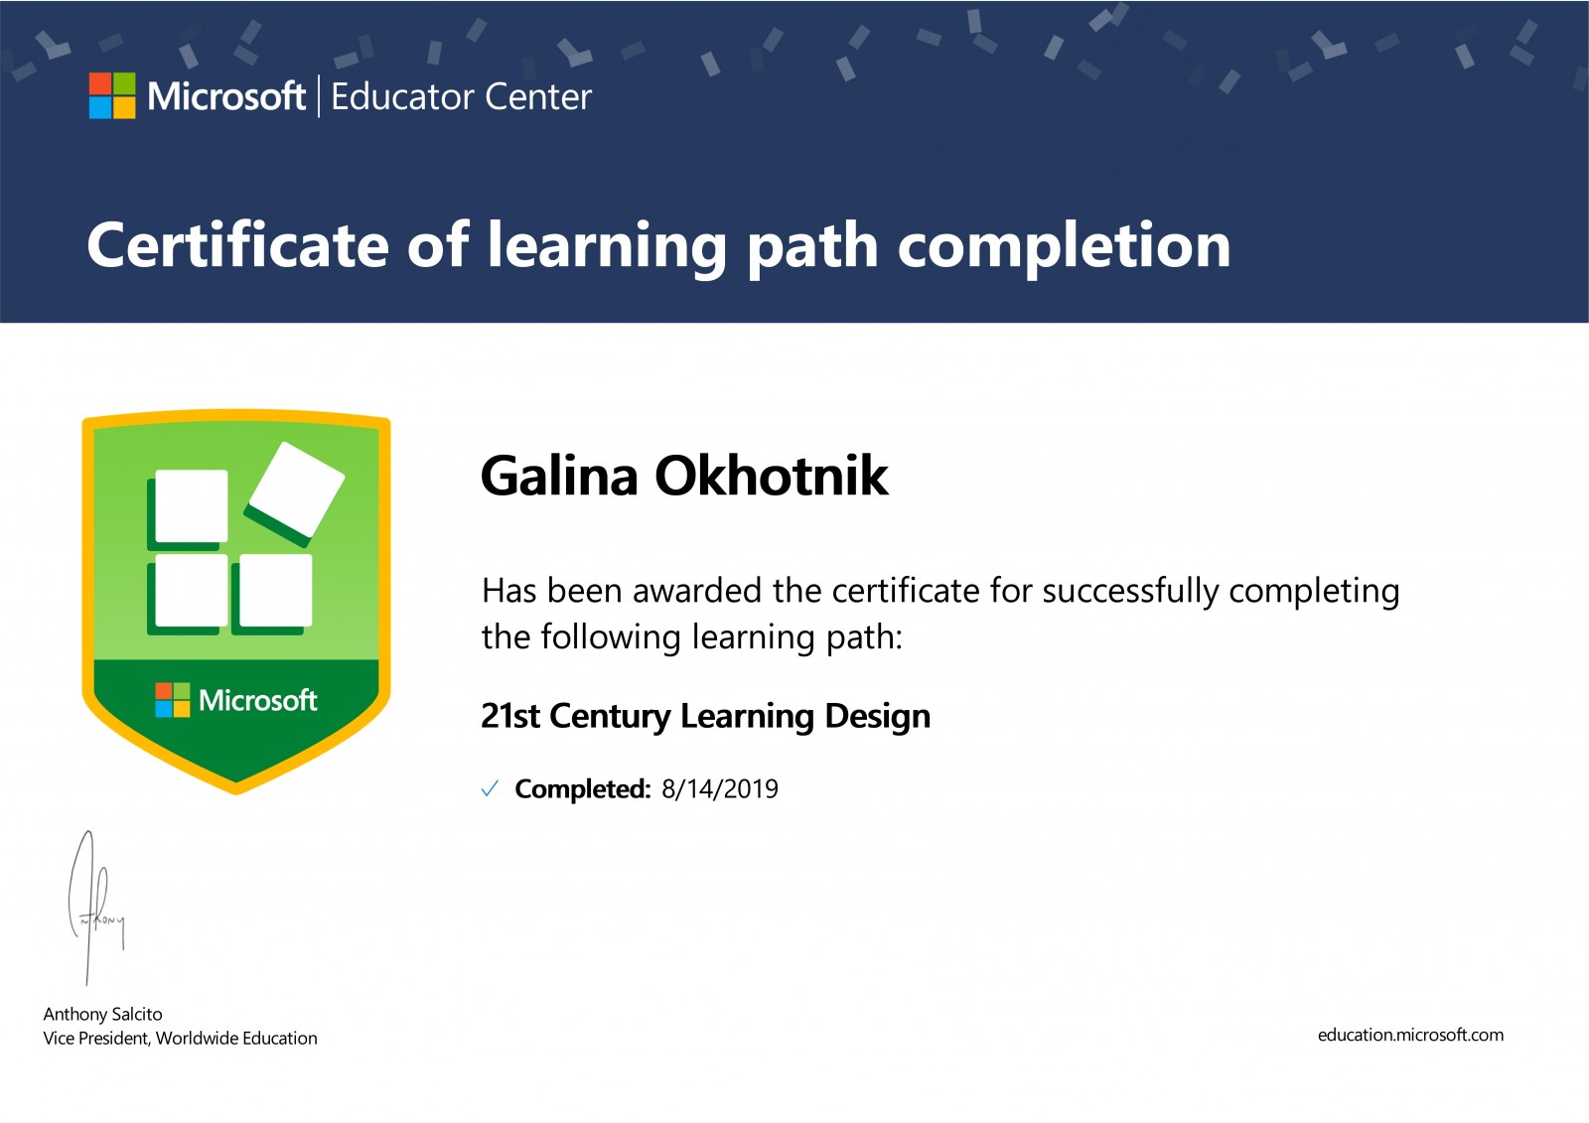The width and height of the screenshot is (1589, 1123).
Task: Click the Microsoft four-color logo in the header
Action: (x=112, y=95)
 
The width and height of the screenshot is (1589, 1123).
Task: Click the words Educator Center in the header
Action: (x=461, y=97)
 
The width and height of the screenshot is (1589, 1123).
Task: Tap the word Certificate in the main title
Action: (x=237, y=244)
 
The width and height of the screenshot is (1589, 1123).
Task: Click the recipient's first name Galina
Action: (x=559, y=476)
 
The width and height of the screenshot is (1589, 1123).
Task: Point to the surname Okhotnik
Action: (x=771, y=476)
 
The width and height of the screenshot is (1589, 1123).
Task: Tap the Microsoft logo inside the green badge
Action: (x=173, y=700)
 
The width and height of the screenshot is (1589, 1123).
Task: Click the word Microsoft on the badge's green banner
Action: (x=257, y=700)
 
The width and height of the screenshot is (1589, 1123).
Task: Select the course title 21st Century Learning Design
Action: (x=706, y=716)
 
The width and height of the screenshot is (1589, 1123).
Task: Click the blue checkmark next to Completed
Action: (x=490, y=788)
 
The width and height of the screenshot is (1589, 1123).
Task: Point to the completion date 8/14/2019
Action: (x=720, y=788)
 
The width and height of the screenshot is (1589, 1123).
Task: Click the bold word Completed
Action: (x=582, y=789)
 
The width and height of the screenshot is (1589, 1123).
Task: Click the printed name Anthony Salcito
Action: (x=103, y=1015)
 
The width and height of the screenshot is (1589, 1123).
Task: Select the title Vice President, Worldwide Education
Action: (x=180, y=1039)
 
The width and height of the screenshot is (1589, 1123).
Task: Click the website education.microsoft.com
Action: (x=1411, y=1035)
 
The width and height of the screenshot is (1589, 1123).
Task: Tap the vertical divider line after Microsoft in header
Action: (x=319, y=95)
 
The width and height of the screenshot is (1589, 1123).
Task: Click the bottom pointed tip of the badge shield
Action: (x=236, y=792)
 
